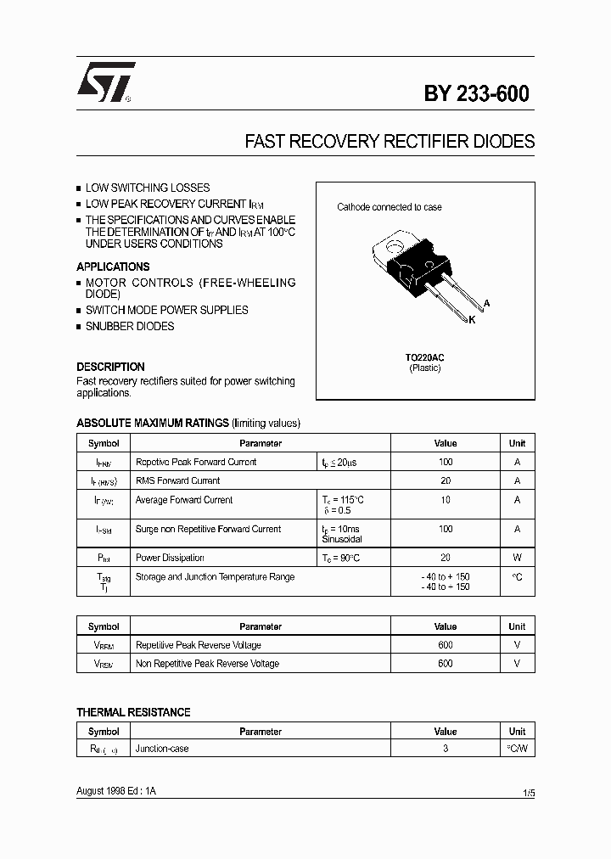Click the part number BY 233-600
click(x=476, y=94)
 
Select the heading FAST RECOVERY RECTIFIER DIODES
click(x=390, y=142)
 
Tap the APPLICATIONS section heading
click(x=113, y=267)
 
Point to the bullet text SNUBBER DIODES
click(x=129, y=326)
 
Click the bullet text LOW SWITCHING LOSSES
click(x=147, y=188)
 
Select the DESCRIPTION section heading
click(x=110, y=367)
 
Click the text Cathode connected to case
click(x=389, y=207)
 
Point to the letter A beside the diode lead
click(x=486, y=303)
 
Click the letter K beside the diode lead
click(x=472, y=320)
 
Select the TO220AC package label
click(x=424, y=357)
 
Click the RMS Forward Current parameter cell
click(x=177, y=480)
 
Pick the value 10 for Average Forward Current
click(x=445, y=500)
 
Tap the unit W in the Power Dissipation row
click(x=517, y=558)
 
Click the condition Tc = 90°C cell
click(x=342, y=558)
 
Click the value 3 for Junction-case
click(x=445, y=749)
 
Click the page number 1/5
click(x=529, y=793)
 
